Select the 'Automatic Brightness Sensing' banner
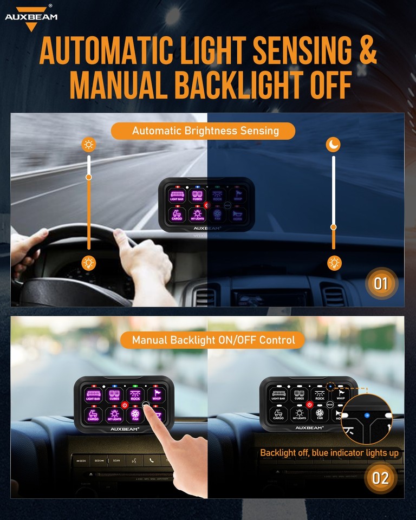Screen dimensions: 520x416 click(x=205, y=131)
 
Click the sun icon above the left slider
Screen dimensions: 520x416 click(x=88, y=145)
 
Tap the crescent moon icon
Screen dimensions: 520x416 click(x=333, y=145)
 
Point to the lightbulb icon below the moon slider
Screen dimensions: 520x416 click(x=334, y=263)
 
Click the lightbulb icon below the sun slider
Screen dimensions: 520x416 click(x=89, y=263)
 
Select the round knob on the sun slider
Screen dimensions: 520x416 click(x=89, y=177)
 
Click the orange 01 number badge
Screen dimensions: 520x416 click(x=381, y=283)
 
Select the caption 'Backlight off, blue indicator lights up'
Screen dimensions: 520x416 click(x=329, y=453)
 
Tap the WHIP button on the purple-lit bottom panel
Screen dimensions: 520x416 click(x=157, y=395)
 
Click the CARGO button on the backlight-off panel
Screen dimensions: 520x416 click(x=278, y=415)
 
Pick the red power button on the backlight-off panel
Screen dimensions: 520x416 click(x=309, y=405)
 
